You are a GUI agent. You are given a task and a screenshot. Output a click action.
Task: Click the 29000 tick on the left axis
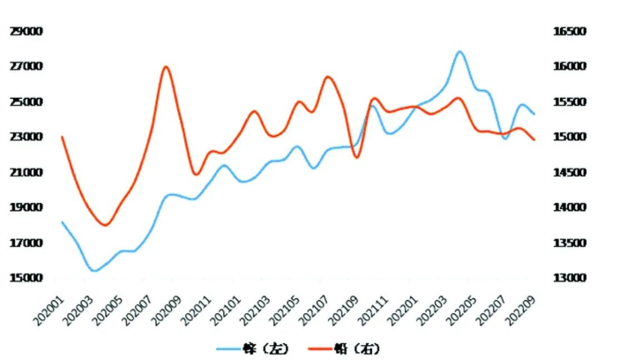click(x=26, y=32)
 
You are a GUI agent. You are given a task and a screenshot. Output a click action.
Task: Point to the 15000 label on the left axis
click(x=26, y=278)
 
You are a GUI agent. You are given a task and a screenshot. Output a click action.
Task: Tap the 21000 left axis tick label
click(x=26, y=172)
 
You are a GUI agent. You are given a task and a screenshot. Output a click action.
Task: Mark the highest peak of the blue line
click(x=459, y=51)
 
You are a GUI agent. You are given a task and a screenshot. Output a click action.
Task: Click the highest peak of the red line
click(x=166, y=67)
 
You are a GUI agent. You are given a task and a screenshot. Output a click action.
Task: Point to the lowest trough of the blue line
click(x=93, y=271)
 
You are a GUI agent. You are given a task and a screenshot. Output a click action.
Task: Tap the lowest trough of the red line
click(x=105, y=225)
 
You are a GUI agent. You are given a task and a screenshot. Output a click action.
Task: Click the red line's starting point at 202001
click(x=62, y=137)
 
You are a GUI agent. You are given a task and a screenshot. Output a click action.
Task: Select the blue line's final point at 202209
click(x=534, y=114)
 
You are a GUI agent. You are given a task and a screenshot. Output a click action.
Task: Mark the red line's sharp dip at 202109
click(x=356, y=157)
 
